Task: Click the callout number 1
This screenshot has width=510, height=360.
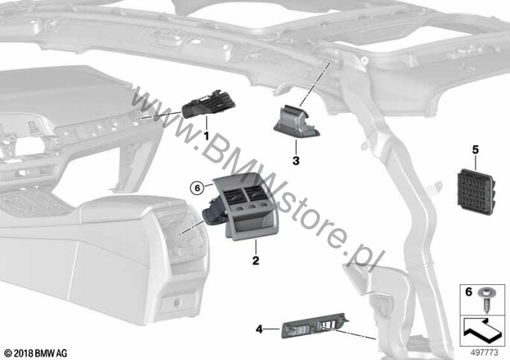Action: coord(206,135)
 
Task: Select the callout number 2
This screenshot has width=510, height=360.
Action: coord(256,260)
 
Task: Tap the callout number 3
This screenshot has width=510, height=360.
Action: coord(296,161)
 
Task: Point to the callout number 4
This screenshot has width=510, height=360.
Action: coord(259,330)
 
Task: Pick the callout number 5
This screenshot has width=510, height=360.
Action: coord(476,150)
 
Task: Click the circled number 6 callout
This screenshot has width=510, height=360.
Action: coord(196,188)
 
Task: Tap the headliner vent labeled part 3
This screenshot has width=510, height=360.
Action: coord(297,123)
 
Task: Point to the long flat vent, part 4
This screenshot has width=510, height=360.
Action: coord(314,326)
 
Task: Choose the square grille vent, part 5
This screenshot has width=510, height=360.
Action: coord(476,193)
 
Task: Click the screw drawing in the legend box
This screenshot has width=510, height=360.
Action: coord(485,300)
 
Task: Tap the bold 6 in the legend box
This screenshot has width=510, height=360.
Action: coord(468,292)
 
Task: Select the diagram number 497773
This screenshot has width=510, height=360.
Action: coord(485,353)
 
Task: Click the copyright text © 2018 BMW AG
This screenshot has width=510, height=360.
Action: coord(36,353)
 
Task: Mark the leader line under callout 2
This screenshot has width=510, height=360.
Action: coord(256,248)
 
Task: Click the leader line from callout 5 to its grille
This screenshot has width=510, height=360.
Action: coord(476,162)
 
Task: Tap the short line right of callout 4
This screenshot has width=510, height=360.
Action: coord(271,330)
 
